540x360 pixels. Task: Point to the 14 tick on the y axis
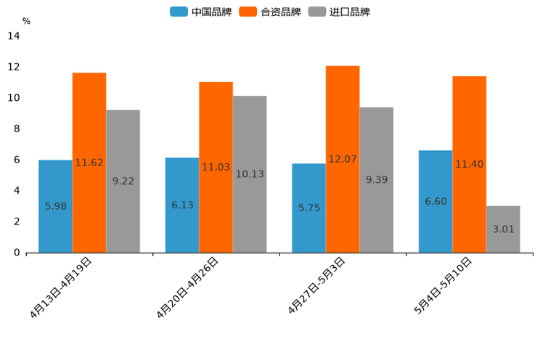[x=14, y=36]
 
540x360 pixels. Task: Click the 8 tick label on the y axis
[x=16, y=129]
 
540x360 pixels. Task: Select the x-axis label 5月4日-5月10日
[x=443, y=285]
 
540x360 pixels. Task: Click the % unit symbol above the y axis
[x=26, y=21]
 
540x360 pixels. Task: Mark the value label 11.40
[x=469, y=164]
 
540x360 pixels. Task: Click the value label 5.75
[x=308, y=208]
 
